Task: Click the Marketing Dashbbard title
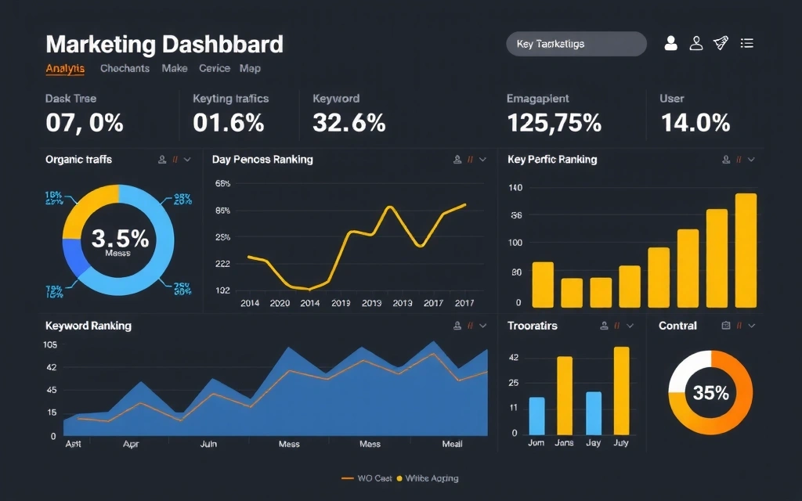point(164,44)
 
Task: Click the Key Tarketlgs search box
point(576,45)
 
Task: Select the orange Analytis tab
point(65,69)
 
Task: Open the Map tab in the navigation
point(250,69)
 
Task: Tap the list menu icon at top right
point(747,44)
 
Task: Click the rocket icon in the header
point(721,44)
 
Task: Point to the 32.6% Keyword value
point(349,123)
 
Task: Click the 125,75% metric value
point(554,123)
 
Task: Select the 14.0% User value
point(695,123)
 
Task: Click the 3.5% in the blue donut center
point(119,238)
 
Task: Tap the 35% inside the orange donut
point(710,393)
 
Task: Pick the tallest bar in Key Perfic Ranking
point(746,250)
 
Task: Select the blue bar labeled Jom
point(536,415)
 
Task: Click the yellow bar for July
point(621,390)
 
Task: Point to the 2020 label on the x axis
point(279,303)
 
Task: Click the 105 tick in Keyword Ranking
point(50,345)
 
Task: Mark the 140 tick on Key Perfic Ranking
point(515,188)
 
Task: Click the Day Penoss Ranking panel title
point(262,160)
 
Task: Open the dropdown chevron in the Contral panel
point(751,326)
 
